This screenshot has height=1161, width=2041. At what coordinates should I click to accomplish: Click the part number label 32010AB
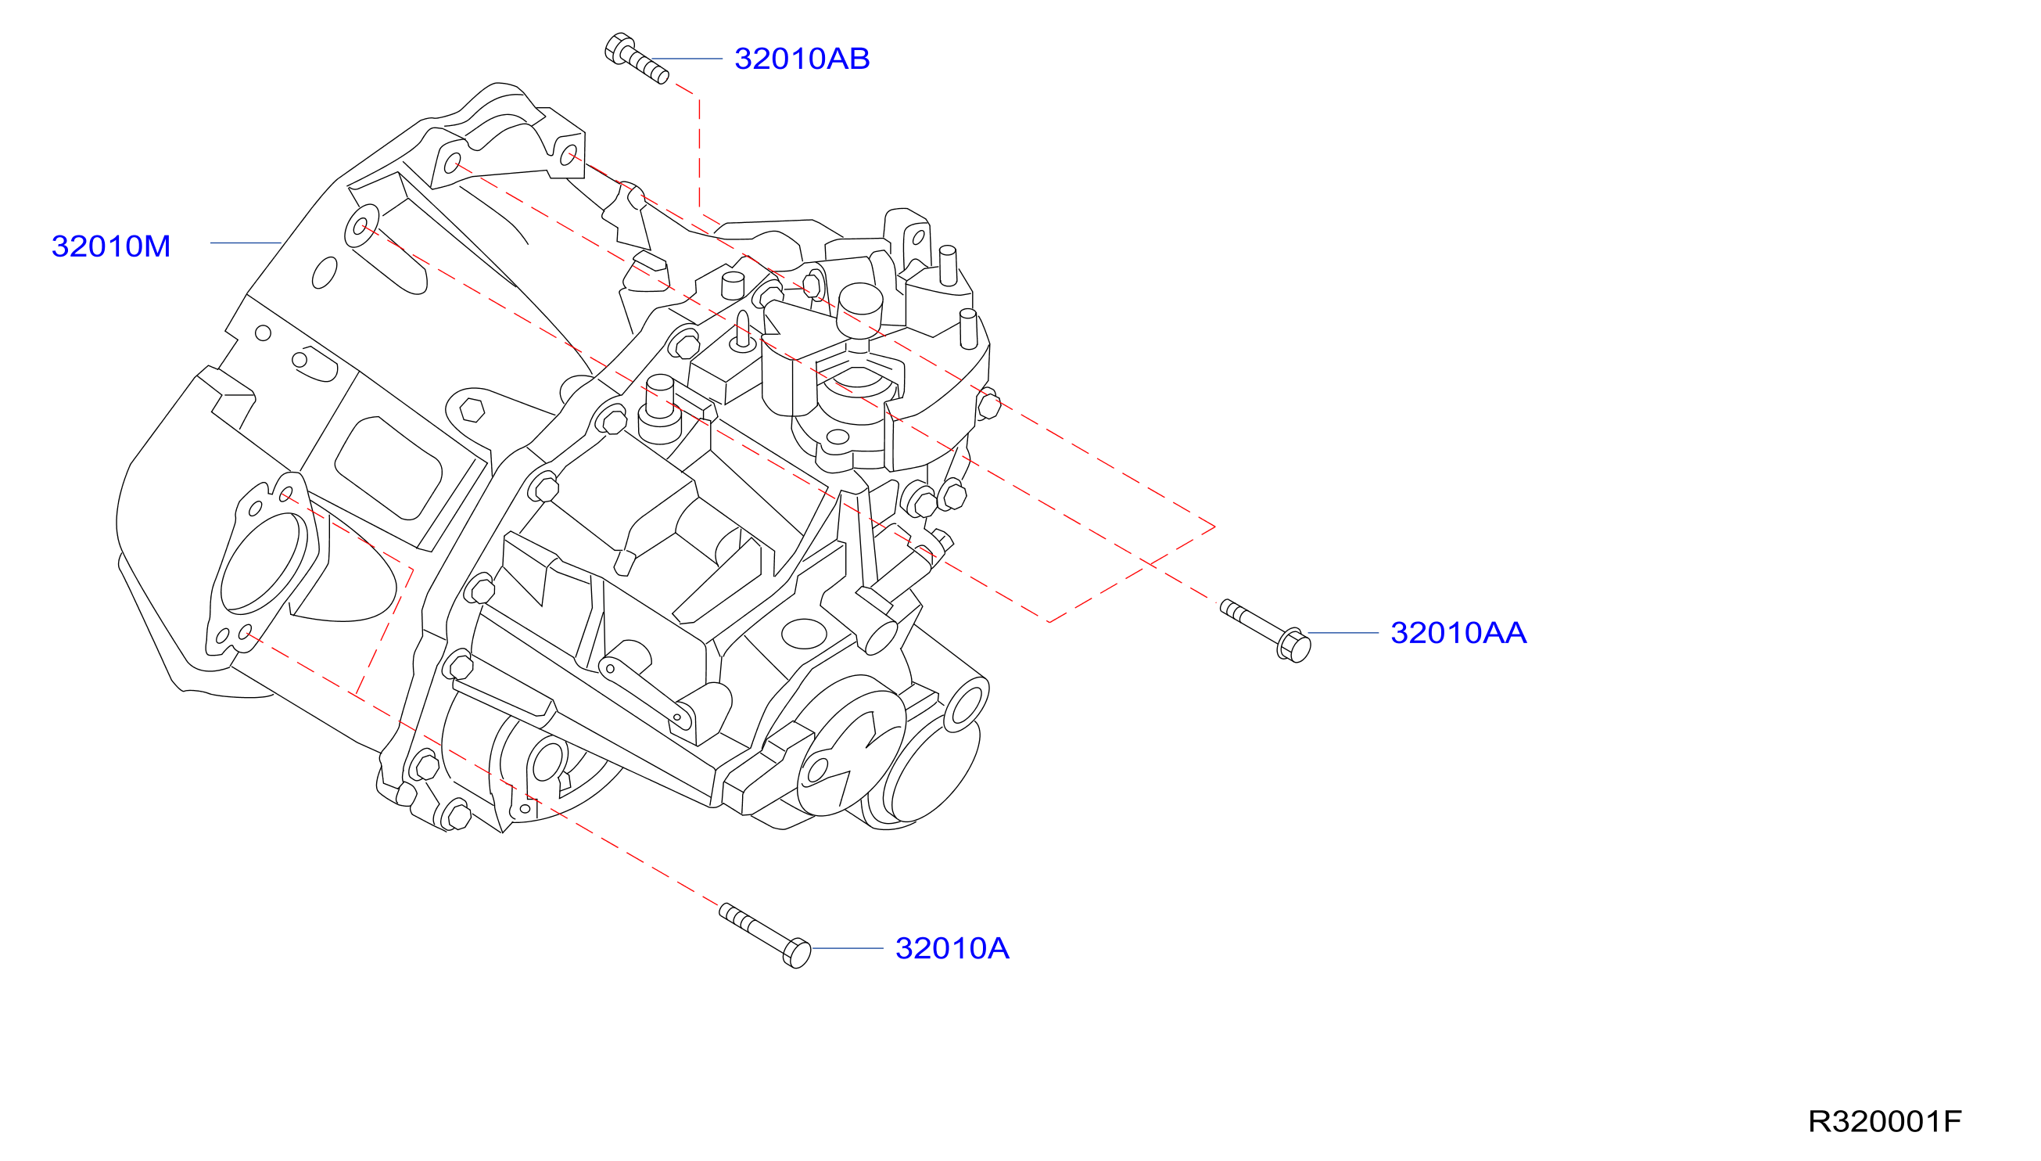click(802, 59)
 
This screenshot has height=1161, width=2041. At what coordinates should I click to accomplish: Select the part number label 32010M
click(111, 246)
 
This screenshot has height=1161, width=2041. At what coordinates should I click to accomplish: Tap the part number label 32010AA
click(1458, 633)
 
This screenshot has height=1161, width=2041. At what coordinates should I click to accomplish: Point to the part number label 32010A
click(952, 948)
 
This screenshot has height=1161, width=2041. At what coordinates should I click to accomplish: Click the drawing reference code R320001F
click(1884, 1121)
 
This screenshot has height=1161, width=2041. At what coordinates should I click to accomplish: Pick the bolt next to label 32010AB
click(636, 58)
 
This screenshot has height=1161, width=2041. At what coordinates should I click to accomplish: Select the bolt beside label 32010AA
click(1265, 630)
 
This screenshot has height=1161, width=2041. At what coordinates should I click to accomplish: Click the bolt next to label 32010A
click(765, 936)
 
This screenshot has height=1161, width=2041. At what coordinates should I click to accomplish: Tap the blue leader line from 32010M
click(246, 243)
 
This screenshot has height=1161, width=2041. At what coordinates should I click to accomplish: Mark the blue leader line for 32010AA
click(1343, 633)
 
